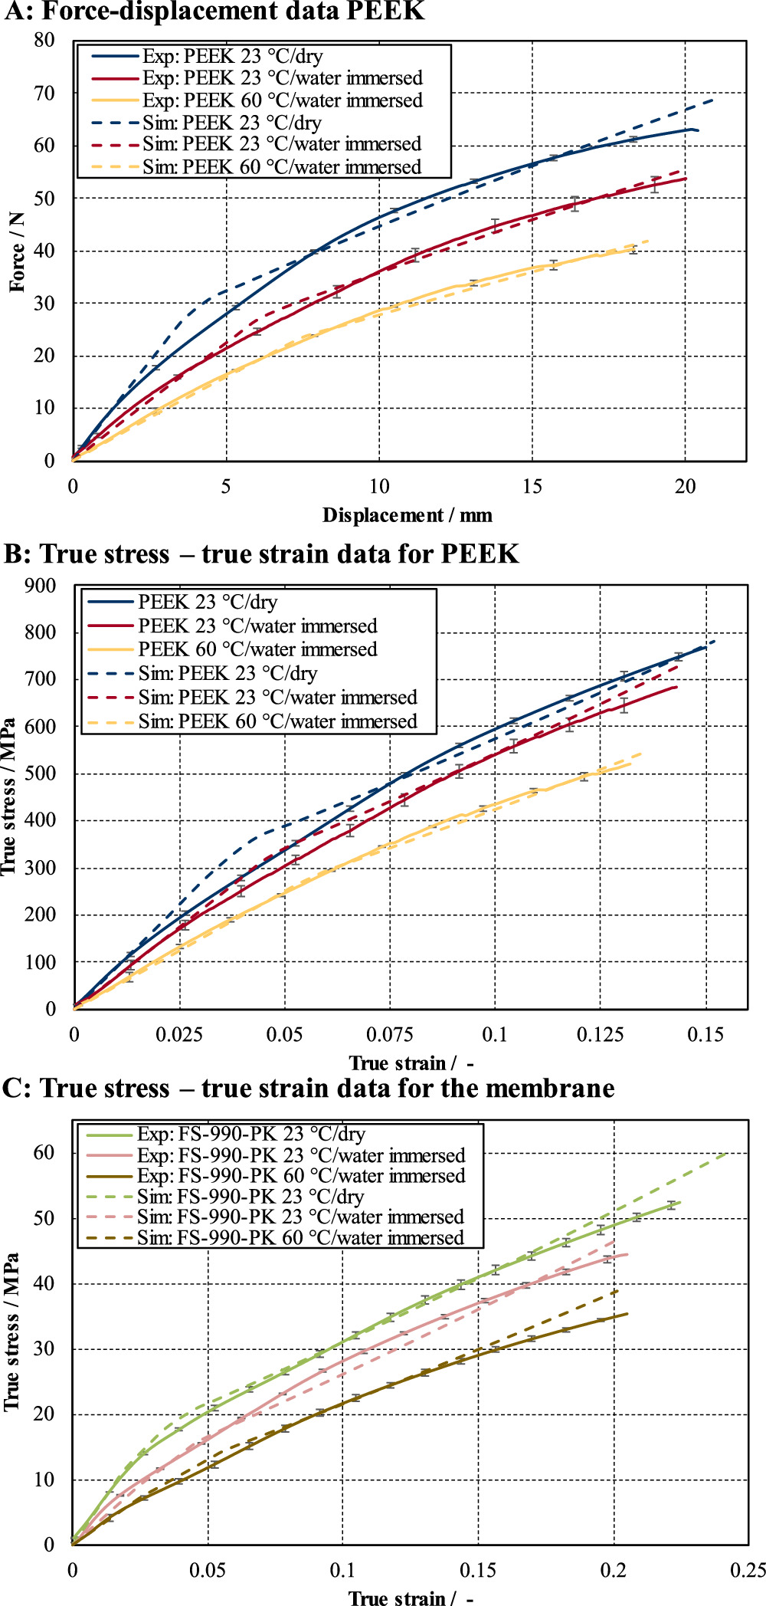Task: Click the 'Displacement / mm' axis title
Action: (x=407, y=515)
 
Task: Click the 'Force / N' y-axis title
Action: (x=17, y=251)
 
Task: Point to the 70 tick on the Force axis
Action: (x=44, y=94)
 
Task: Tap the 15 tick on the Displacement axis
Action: (x=532, y=487)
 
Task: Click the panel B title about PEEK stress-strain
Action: (x=261, y=553)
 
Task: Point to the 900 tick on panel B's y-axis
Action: (x=41, y=586)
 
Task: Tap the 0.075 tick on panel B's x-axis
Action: (x=390, y=1035)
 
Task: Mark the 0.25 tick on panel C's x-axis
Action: (x=747, y=1570)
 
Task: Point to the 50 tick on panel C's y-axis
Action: (x=44, y=1218)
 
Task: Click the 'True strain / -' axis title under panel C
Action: (x=411, y=1598)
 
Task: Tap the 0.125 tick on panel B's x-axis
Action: (x=601, y=1035)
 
